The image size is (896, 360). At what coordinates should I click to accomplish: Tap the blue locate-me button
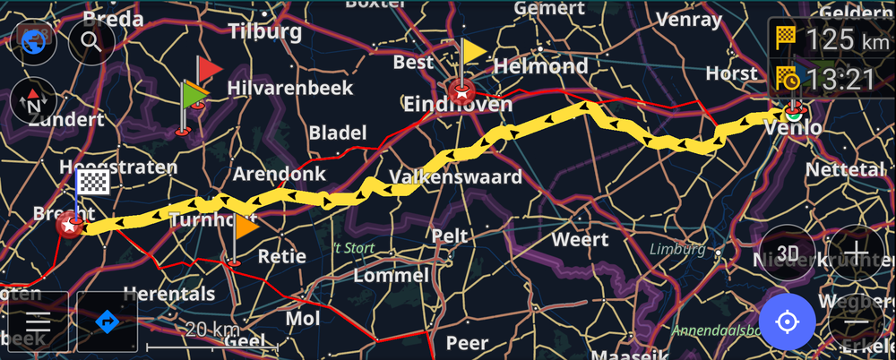(787, 321)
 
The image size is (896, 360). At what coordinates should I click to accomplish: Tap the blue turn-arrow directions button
(108, 321)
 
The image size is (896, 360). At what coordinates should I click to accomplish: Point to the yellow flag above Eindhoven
(474, 51)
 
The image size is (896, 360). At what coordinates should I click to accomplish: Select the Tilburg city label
(265, 32)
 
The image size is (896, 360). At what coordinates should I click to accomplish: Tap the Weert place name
(580, 240)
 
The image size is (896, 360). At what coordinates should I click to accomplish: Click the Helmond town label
(541, 65)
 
